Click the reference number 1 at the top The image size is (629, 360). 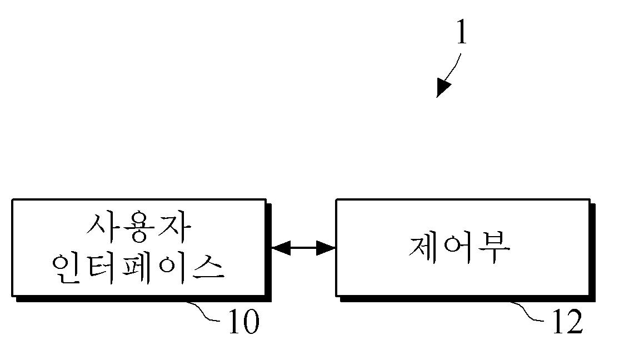[x=461, y=33]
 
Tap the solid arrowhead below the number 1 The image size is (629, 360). [x=443, y=88]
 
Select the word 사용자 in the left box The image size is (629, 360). [x=139, y=228]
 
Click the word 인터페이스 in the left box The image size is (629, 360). [x=138, y=268]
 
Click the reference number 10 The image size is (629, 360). [x=243, y=322]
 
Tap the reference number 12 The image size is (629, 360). [x=567, y=322]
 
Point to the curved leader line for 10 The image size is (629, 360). [x=206, y=311]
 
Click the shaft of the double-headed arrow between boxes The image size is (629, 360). [x=303, y=248]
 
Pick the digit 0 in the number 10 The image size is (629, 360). [x=250, y=322]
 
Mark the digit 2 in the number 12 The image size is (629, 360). [x=574, y=322]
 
